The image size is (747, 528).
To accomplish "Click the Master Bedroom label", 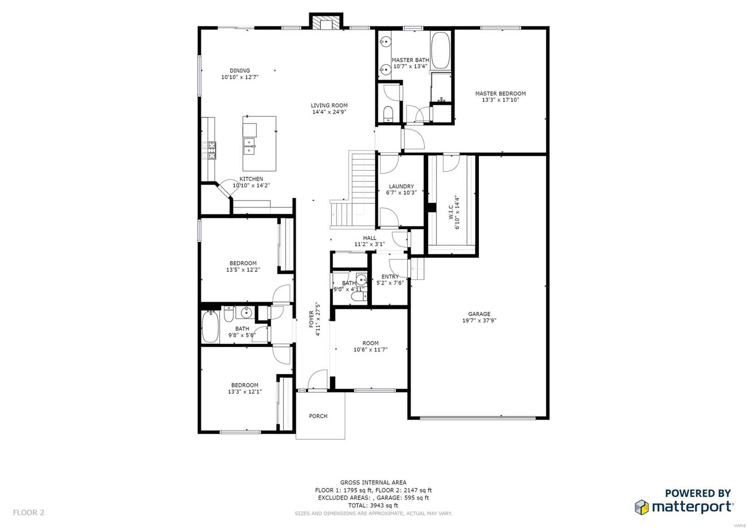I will [500, 93].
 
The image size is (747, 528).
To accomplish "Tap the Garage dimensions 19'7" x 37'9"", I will [479, 321].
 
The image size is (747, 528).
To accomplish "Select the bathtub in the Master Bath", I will [440, 50].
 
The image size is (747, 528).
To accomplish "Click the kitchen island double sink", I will [249, 146].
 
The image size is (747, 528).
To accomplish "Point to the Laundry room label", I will [401, 186].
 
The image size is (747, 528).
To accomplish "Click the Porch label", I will [318, 416].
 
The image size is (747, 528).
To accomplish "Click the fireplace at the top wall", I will [325, 23].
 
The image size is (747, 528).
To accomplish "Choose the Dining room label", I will [240, 71].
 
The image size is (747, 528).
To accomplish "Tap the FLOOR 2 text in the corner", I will [28, 513].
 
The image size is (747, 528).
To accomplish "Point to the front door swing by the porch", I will [318, 378].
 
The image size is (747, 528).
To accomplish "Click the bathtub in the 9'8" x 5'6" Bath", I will [210, 327].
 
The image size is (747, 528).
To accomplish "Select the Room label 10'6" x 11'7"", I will [370, 343].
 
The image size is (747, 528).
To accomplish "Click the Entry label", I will [390, 277].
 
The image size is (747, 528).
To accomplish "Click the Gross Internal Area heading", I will [373, 482].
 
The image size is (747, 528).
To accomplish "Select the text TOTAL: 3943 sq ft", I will [373, 505].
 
